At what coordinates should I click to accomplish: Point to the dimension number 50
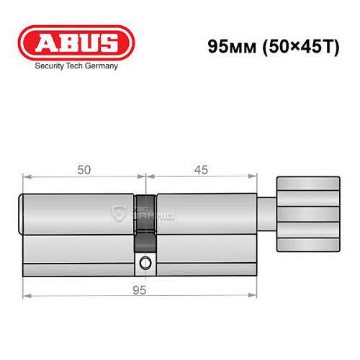click(x=84, y=170)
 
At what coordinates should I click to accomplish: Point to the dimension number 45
click(x=202, y=170)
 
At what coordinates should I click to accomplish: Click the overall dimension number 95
click(x=140, y=290)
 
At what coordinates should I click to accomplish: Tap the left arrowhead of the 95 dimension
click(x=26, y=296)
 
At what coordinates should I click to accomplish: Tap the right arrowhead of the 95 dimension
click(x=254, y=296)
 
